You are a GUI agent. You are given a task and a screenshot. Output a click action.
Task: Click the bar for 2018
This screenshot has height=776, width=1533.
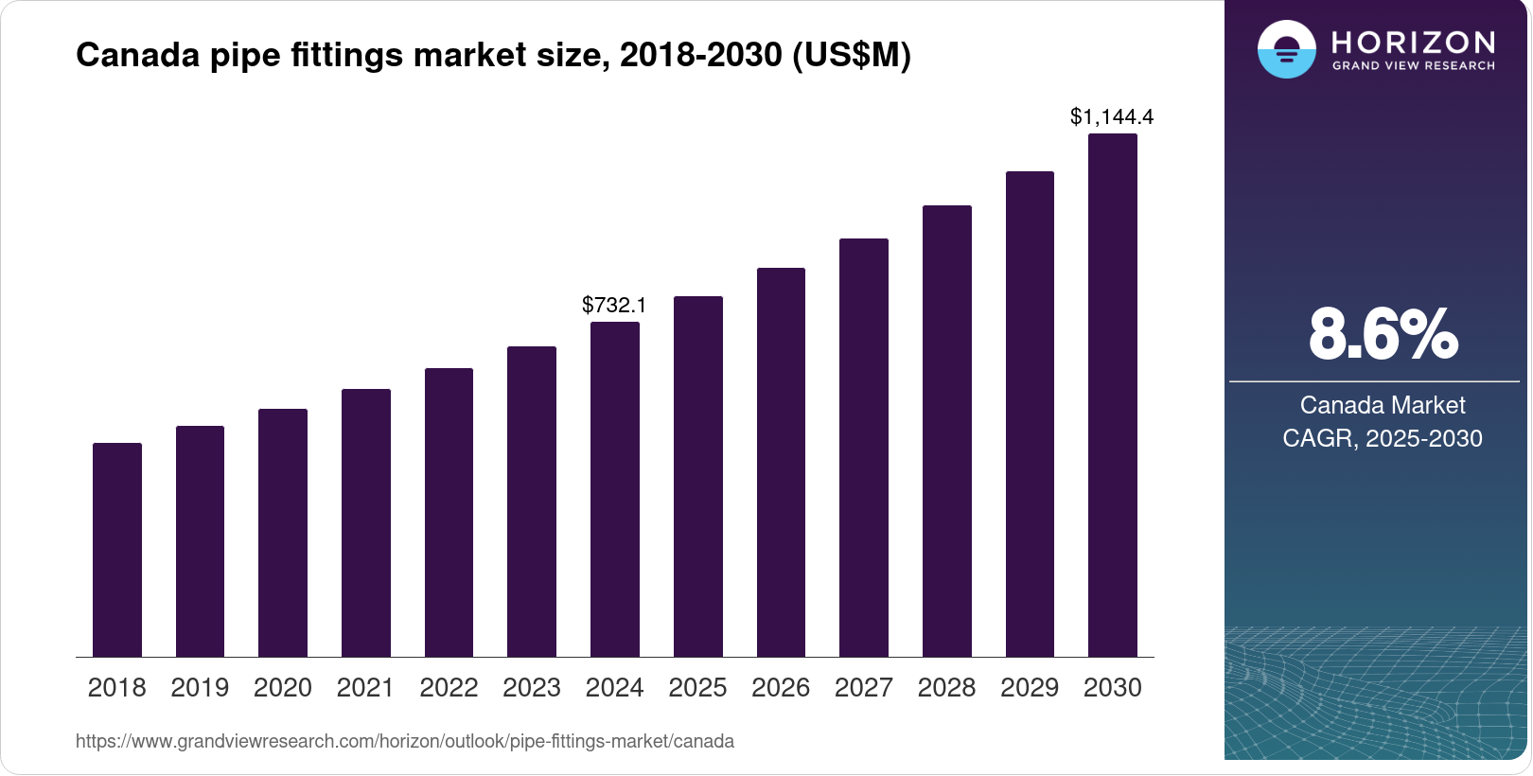pyautogui.click(x=117, y=550)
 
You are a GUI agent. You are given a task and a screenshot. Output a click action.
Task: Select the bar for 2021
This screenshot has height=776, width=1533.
pyautogui.click(x=366, y=522)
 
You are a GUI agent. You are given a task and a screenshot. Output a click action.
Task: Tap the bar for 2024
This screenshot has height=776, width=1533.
pyautogui.click(x=615, y=489)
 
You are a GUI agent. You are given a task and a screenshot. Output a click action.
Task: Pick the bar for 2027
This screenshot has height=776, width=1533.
pyautogui.click(x=864, y=448)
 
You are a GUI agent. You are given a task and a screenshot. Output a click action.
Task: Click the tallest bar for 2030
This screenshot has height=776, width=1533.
pyautogui.click(x=1113, y=396)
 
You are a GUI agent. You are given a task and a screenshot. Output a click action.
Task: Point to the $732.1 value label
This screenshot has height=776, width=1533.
pyautogui.click(x=614, y=305)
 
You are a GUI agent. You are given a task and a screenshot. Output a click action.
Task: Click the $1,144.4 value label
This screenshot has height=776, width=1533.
pyautogui.click(x=1112, y=116)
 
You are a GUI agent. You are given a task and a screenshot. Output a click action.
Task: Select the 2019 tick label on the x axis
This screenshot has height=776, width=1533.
pyautogui.click(x=200, y=688)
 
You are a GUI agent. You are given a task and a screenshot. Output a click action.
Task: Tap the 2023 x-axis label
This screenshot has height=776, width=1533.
pyautogui.click(x=532, y=688)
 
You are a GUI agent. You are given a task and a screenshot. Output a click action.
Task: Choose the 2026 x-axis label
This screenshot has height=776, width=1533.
pyautogui.click(x=781, y=688)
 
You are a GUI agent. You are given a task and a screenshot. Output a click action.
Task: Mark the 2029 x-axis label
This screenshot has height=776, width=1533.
pyautogui.click(x=1030, y=688)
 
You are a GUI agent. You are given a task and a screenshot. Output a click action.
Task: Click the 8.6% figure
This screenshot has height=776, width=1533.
pyautogui.click(x=1383, y=334)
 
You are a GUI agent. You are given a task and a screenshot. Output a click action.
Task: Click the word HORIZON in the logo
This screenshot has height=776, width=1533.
pyautogui.click(x=1414, y=43)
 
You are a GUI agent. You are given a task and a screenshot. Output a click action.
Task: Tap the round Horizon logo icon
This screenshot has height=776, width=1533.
pyautogui.click(x=1286, y=49)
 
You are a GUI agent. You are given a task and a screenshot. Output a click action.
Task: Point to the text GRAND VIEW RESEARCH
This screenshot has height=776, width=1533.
pyautogui.click(x=1414, y=66)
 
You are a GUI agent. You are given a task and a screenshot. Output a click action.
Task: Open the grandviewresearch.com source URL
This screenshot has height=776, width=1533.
pyautogui.click(x=405, y=741)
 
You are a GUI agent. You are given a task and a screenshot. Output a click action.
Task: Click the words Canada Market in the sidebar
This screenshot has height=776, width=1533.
pyautogui.click(x=1383, y=405)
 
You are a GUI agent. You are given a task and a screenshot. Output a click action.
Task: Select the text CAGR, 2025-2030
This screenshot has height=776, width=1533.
pyautogui.click(x=1383, y=438)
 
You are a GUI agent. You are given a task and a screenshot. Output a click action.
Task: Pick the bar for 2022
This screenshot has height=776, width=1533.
pyautogui.click(x=449, y=512)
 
